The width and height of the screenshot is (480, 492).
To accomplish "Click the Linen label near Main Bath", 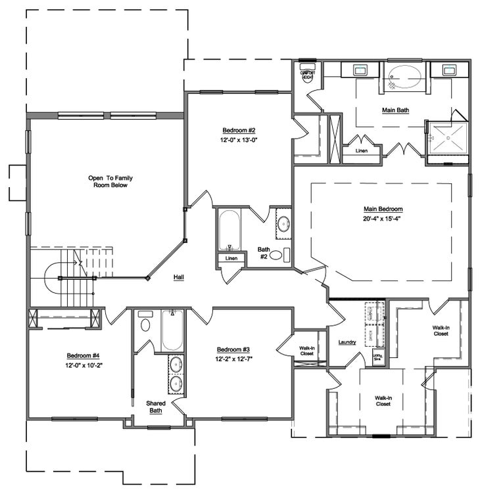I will point(361,151).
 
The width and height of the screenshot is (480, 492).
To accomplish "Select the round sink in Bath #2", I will point(283,224).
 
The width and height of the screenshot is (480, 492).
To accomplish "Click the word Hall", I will point(178,277).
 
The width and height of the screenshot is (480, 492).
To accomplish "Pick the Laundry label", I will point(347,342).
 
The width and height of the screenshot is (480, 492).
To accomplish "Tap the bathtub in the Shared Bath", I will point(172,330).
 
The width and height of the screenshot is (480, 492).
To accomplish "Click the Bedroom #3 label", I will point(233,349).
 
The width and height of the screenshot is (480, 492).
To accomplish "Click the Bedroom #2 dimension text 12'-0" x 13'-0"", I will point(239,140).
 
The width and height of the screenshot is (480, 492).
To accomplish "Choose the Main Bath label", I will point(395,110).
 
